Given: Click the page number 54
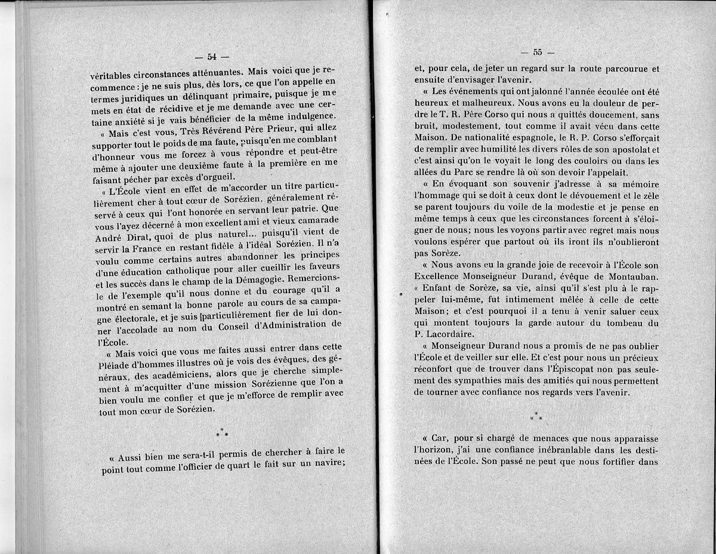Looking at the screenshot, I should pos(212,57).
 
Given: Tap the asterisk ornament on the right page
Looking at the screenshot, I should pos(536,416).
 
